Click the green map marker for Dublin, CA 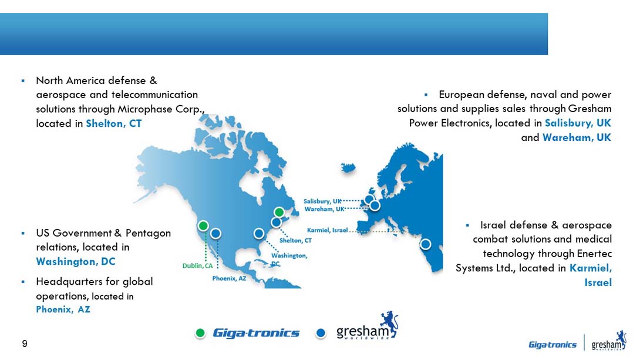pyautogui.click(x=203, y=226)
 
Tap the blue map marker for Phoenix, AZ pyautogui.click(x=216, y=234)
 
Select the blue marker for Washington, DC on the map pyautogui.click(x=259, y=234)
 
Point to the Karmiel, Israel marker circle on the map pyautogui.click(x=425, y=244)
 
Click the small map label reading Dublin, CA pyautogui.click(x=197, y=265)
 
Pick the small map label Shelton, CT pyautogui.click(x=295, y=240)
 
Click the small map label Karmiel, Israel pyautogui.click(x=328, y=230)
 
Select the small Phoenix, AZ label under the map pyautogui.click(x=229, y=278)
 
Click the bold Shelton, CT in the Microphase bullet pyautogui.click(x=114, y=123)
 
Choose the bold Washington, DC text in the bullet pyautogui.click(x=76, y=261)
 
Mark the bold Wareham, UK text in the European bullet pyautogui.click(x=577, y=137)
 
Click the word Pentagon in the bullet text pyautogui.click(x=148, y=233)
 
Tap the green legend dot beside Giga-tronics pyautogui.click(x=200, y=333)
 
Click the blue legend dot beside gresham pyautogui.click(x=321, y=333)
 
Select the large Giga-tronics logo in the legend pyautogui.click(x=256, y=333)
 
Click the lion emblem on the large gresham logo pyautogui.click(x=389, y=323)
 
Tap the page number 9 pyautogui.click(x=25, y=344)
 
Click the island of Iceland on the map pyautogui.click(x=348, y=167)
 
